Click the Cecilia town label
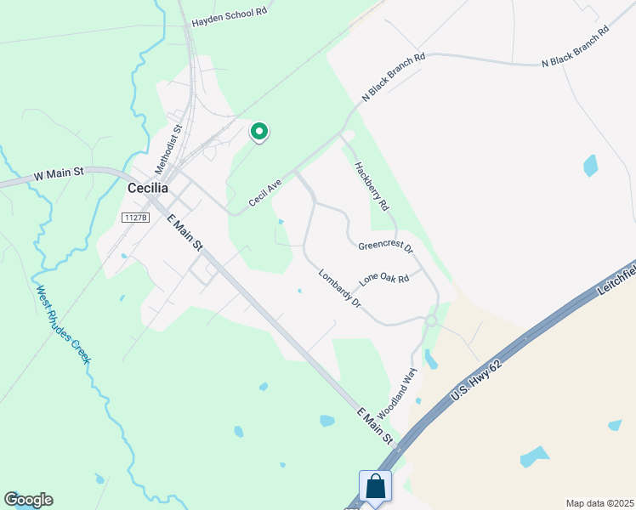click(x=149, y=189)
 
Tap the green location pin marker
click(x=259, y=132)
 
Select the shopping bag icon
click(x=375, y=487)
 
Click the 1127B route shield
click(x=135, y=218)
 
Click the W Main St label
click(x=58, y=173)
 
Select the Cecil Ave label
click(x=265, y=192)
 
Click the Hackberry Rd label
click(x=372, y=186)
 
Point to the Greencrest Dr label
click(x=385, y=247)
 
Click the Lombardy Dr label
click(x=340, y=288)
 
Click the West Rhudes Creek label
click(x=62, y=325)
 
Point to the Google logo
click(x=28, y=500)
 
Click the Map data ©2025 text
click(x=599, y=503)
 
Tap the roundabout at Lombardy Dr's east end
click(x=431, y=320)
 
